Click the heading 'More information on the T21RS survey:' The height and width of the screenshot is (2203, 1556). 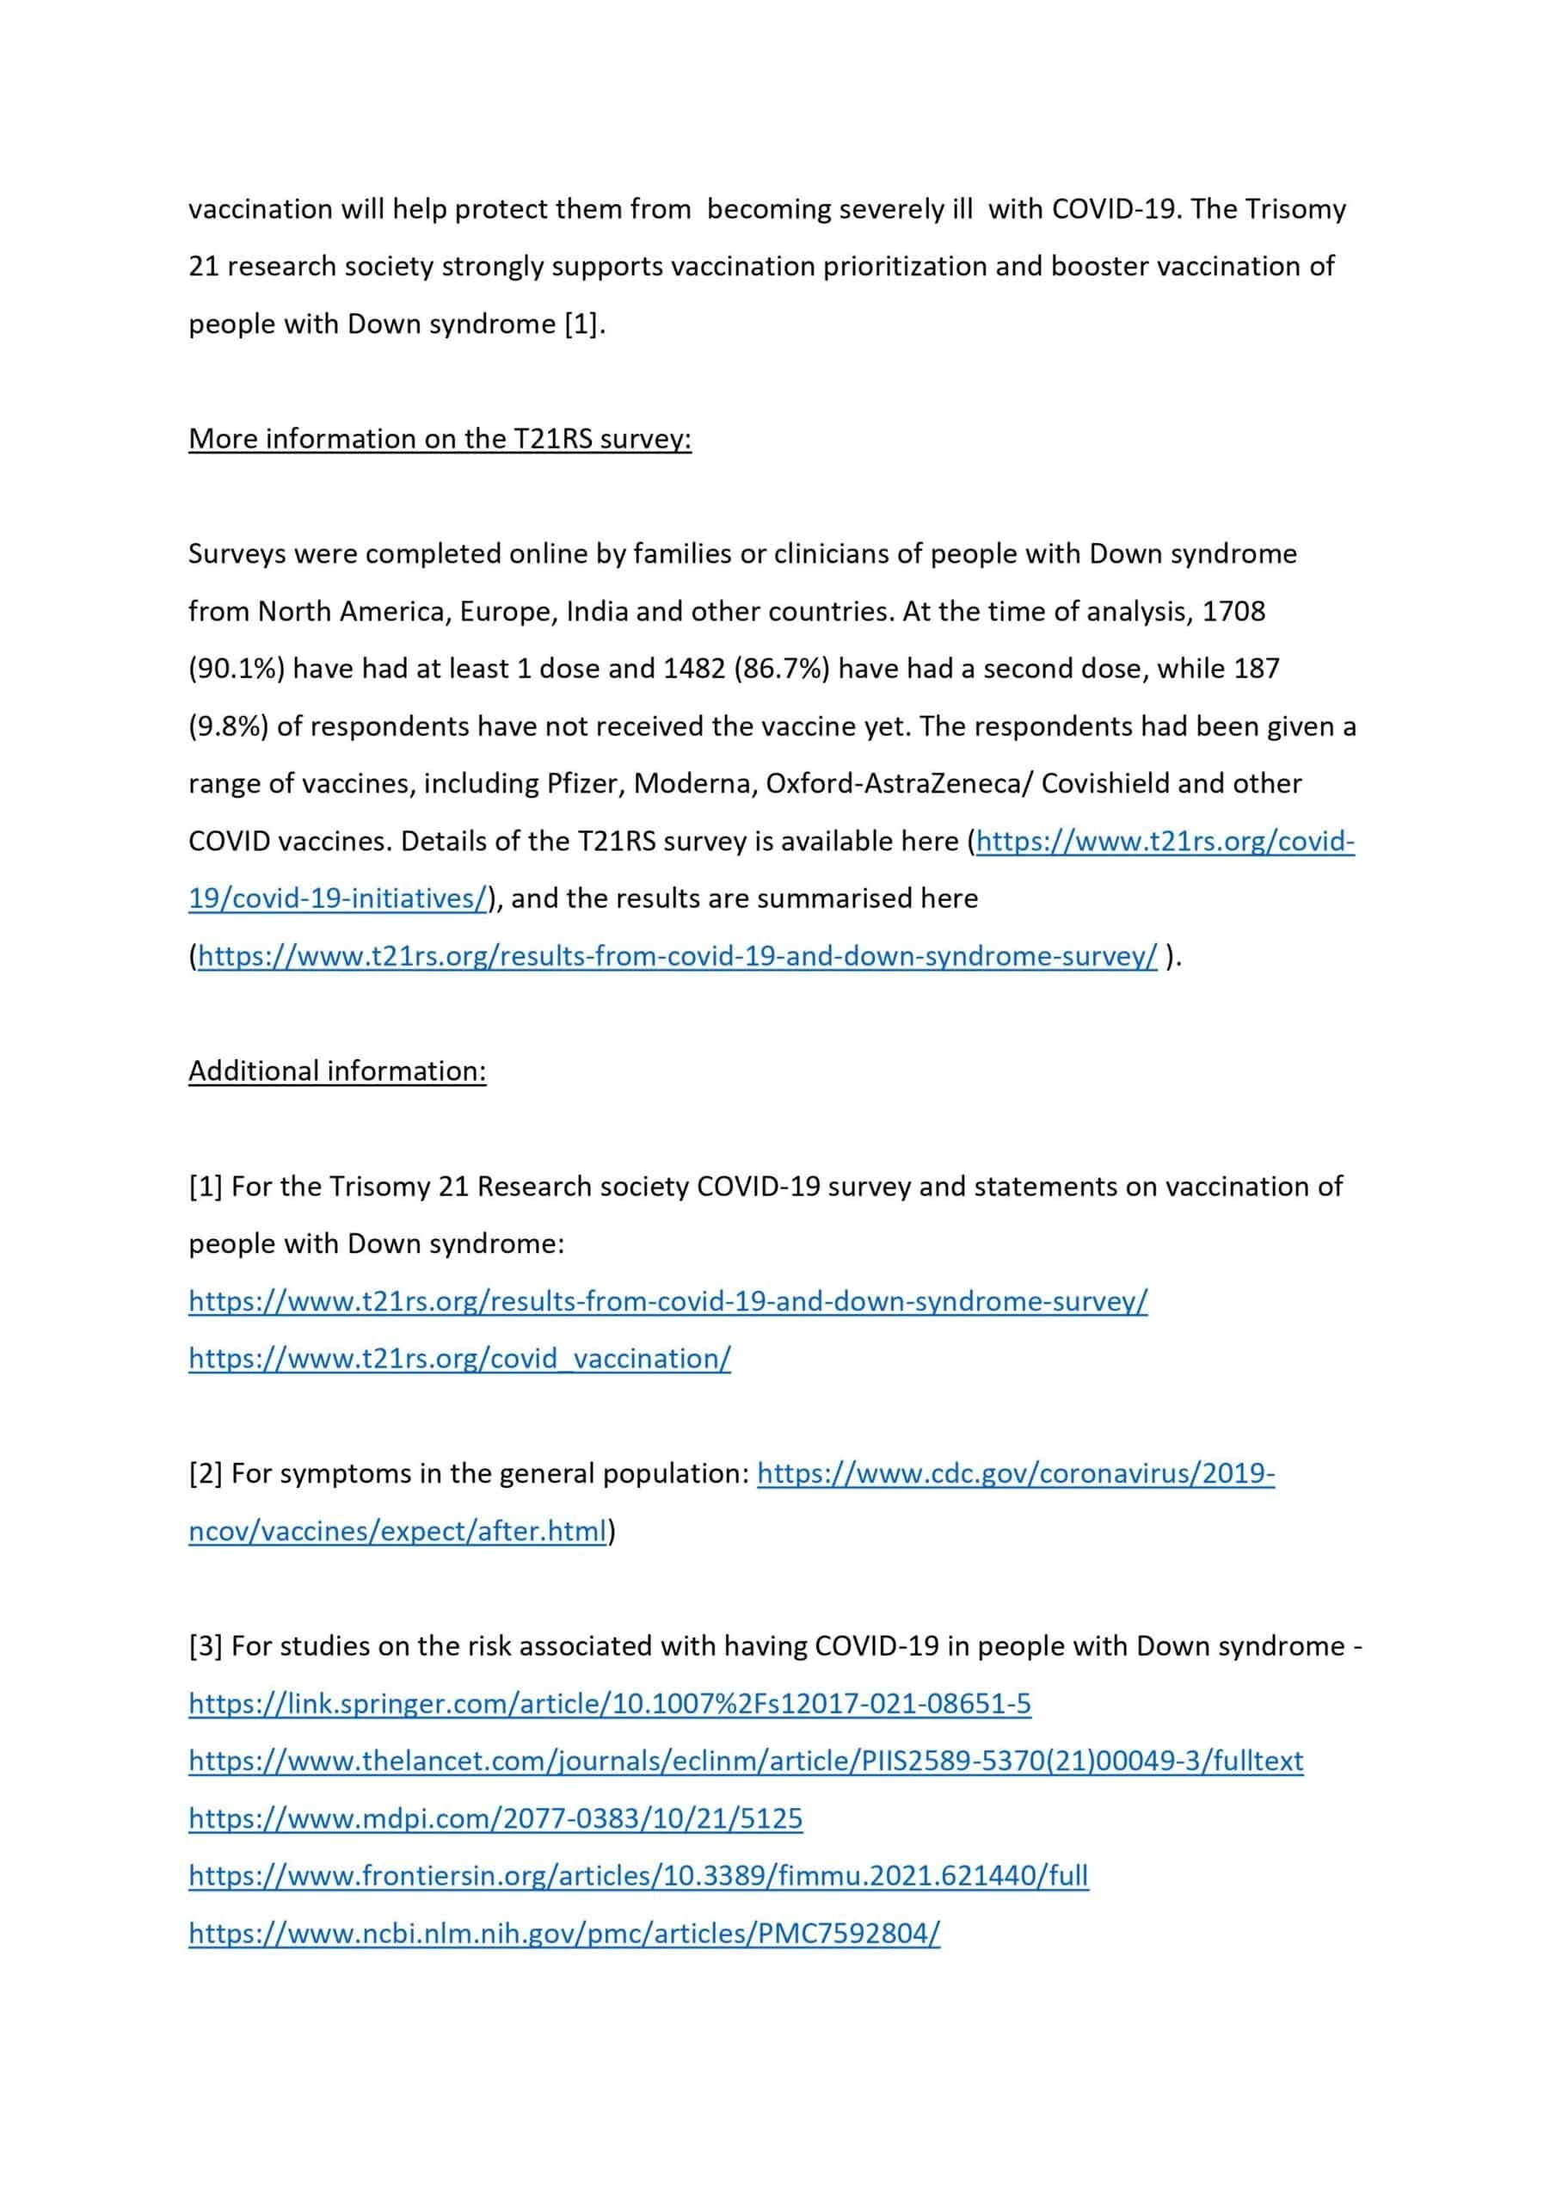(x=440, y=439)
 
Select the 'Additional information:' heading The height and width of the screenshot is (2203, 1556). (x=336, y=1071)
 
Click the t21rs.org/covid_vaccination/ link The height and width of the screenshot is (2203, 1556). (x=459, y=1359)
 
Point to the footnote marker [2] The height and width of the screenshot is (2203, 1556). (x=206, y=1474)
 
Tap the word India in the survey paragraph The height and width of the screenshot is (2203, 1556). (x=597, y=611)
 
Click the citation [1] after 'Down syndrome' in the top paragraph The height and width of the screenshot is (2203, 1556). (x=581, y=324)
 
